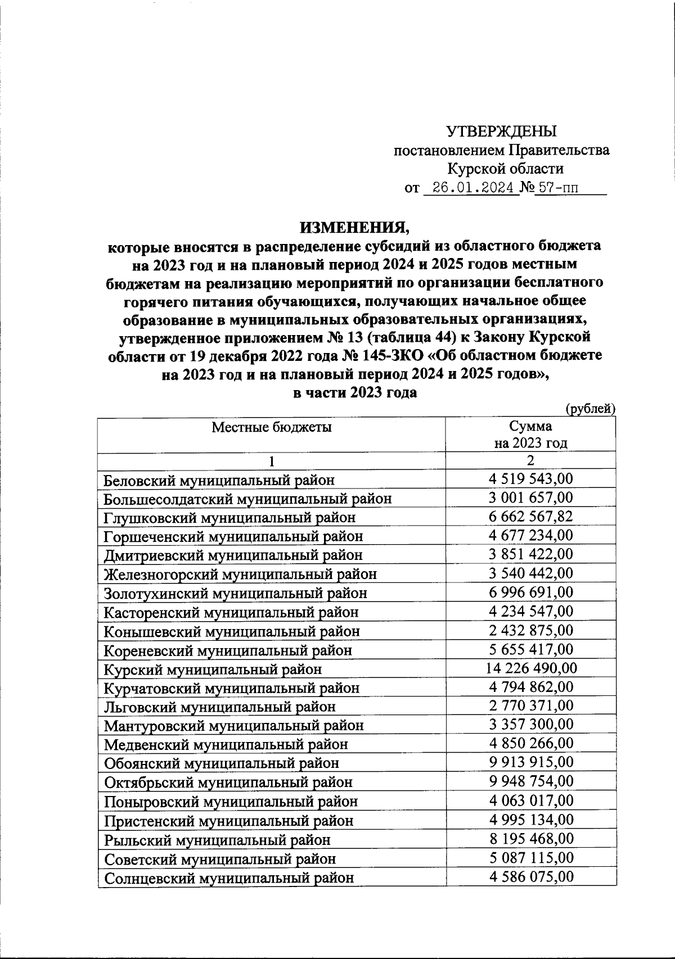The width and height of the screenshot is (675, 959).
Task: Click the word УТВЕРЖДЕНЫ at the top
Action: click(x=501, y=131)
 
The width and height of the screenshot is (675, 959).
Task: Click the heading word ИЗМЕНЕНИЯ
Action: click(x=355, y=228)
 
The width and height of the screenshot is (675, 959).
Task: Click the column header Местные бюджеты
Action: click(x=272, y=427)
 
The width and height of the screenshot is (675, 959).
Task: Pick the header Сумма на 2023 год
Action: click(x=530, y=435)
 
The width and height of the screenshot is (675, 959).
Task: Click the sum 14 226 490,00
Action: click(x=531, y=668)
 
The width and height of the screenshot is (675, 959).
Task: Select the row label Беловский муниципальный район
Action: click(x=219, y=480)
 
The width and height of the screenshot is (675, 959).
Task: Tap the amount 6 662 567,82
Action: click(x=531, y=516)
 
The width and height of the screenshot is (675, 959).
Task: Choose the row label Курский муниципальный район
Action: click(x=213, y=670)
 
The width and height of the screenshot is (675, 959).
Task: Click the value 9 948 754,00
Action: click(x=531, y=781)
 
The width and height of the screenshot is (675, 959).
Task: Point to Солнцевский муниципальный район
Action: click(x=229, y=877)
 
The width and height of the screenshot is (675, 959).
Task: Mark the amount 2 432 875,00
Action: click(x=531, y=630)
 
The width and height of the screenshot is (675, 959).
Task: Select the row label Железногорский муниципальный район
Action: click(x=240, y=574)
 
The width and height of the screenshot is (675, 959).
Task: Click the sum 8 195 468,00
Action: click(x=531, y=839)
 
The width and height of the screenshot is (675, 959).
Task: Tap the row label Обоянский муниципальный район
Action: click(x=222, y=763)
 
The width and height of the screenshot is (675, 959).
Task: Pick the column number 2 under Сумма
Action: click(x=530, y=460)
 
